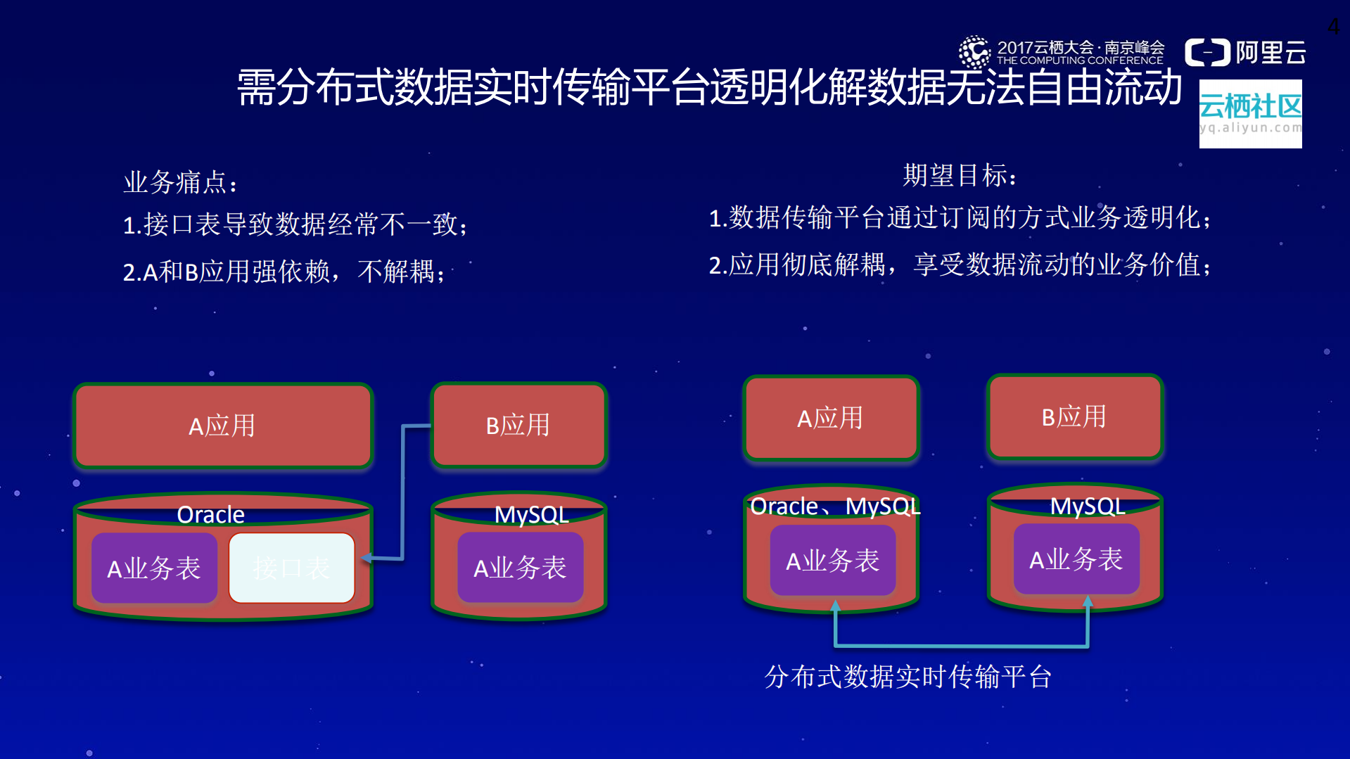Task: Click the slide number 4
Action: coord(1333,27)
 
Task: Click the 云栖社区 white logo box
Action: coord(1250,113)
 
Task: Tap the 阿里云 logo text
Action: coord(1270,53)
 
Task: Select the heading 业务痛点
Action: coord(181,182)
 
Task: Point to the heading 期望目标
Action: coord(960,175)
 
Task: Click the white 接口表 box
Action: coord(291,568)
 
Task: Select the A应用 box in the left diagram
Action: coord(222,426)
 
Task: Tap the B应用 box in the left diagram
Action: coord(518,425)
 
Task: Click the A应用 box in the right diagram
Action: coord(830,418)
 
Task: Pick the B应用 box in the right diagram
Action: coord(1074,416)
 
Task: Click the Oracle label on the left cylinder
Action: coord(210,514)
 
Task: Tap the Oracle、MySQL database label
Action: coord(835,506)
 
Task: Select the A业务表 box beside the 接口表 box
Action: coord(154,568)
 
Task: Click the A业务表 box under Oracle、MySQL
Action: coord(832,561)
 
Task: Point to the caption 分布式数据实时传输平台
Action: coord(908,677)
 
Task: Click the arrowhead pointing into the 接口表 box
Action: coord(366,558)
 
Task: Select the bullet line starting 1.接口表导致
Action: coord(295,225)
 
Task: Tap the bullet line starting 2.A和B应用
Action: coord(284,272)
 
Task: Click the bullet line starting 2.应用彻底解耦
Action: coord(960,265)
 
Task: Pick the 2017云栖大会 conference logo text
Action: coord(1080,52)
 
